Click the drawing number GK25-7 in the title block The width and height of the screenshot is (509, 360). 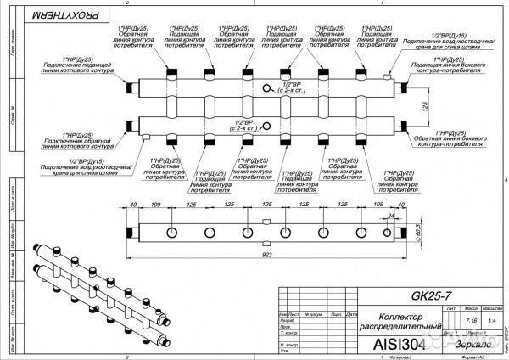tap(430, 296)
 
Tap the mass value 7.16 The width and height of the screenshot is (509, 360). tap(473, 321)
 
